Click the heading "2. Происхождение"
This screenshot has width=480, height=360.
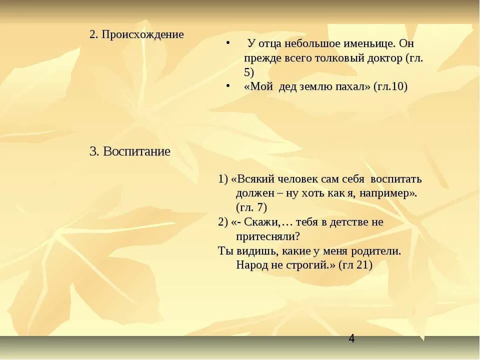click(x=136, y=34)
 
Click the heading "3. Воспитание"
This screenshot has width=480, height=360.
click(x=130, y=151)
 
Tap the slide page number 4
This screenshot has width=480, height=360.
click(x=351, y=339)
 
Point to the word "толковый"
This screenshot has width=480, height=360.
click(x=338, y=58)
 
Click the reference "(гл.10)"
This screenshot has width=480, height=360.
click(x=390, y=86)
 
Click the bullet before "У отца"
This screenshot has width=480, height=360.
click(x=227, y=43)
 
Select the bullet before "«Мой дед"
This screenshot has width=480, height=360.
click(x=227, y=86)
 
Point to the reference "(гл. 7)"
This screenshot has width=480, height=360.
click(x=251, y=207)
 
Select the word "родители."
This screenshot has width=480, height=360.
click(x=377, y=250)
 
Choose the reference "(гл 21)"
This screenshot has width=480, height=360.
click(x=355, y=265)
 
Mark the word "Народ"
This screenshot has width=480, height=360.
click(x=252, y=265)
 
